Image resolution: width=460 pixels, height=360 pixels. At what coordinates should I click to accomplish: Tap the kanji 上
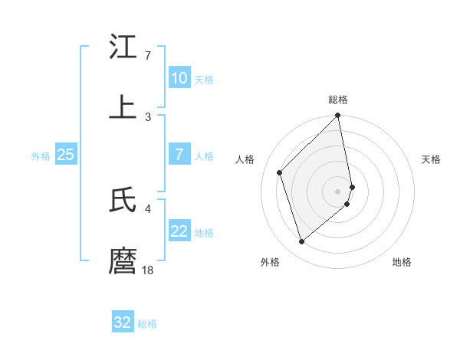pos(123,107)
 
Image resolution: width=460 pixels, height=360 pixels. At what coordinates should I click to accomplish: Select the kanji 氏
pos(123,201)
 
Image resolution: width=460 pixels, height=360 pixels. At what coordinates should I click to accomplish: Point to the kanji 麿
pos(123,260)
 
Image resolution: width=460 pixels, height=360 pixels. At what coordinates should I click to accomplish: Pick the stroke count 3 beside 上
pos(148,116)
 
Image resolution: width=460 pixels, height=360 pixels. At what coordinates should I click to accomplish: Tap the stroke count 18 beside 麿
pos(148,270)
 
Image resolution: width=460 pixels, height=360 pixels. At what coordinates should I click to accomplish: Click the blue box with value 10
pos(179,78)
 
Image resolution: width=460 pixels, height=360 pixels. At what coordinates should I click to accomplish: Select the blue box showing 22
pos(179,231)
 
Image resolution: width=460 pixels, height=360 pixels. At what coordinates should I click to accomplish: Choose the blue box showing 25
pos(65,155)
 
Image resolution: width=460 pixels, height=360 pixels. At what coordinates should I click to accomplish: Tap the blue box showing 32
pos(123,322)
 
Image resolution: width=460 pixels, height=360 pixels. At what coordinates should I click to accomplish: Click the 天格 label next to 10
pos(204,80)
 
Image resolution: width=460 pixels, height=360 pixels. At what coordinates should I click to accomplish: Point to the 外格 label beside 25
pos(41,156)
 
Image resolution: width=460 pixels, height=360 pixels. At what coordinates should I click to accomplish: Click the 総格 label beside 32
pos(147,324)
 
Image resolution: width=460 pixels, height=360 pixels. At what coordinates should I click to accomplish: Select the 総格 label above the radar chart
pos(338,100)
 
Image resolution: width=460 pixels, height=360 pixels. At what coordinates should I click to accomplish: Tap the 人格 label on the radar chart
pos(246,159)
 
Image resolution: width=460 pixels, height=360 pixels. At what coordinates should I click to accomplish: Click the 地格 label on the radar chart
pos(402,262)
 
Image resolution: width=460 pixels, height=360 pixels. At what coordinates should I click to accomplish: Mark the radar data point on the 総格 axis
pos(338,116)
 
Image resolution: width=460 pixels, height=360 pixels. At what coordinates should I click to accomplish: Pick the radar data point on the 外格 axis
pos(301,242)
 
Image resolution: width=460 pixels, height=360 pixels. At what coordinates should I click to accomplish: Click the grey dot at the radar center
pos(338,191)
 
